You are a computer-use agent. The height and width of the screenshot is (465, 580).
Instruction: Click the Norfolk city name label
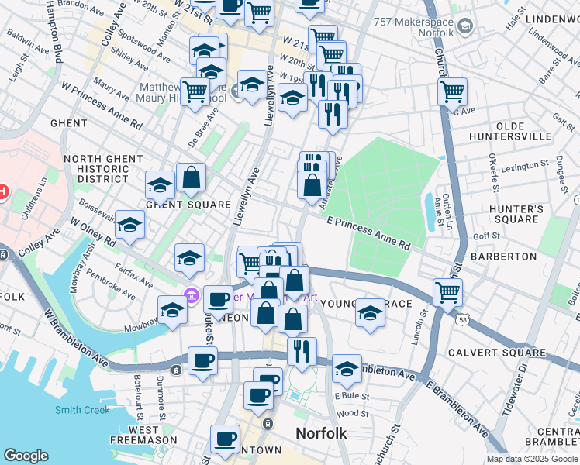click(321, 432)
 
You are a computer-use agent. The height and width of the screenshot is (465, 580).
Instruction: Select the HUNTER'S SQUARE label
click(513, 215)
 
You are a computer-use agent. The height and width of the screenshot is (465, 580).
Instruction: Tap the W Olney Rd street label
click(93, 232)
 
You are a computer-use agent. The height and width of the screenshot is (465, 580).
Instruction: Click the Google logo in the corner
click(26, 456)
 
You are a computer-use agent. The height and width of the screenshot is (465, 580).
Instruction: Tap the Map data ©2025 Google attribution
click(531, 459)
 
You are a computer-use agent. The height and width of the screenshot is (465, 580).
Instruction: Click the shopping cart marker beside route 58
click(448, 293)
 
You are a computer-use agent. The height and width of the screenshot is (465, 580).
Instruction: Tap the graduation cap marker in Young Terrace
click(371, 313)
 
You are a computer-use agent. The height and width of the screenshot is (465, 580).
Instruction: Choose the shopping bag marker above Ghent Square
click(191, 178)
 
